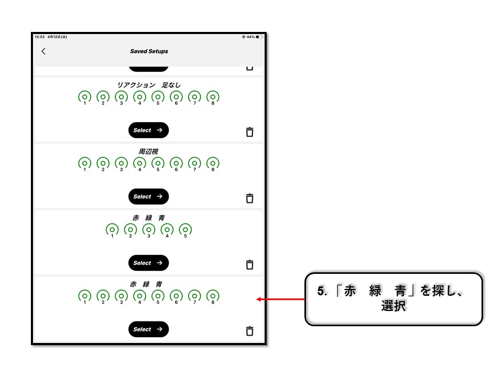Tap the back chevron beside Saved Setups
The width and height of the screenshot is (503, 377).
pyautogui.click(x=43, y=51)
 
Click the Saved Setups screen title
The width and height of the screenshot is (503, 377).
pyautogui.click(x=149, y=51)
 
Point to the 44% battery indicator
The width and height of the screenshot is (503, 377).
pyautogui.click(x=253, y=37)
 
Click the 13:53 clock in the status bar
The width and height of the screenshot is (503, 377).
pyautogui.click(x=39, y=37)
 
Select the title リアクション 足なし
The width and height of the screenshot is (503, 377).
pyautogui.click(x=148, y=85)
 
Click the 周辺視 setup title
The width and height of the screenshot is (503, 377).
pyautogui.click(x=148, y=151)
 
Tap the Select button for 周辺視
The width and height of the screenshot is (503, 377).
pyautogui.click(x=148, y=196)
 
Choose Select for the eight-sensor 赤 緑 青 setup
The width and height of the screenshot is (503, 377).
pyautogui.click(x=148, y=329)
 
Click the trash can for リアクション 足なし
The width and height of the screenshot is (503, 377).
pyautogui.click(x=249, y=132)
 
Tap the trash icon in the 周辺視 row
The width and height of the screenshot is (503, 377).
pyautogui.click(x=249, y=198)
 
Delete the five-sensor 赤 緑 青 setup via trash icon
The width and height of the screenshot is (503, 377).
pyautogui.click(x=249, y=264)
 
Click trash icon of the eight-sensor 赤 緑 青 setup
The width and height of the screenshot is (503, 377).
pyautogui.click(x=249, y=331)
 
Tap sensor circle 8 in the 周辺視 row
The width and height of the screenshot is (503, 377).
pyautogui.click(x=213, y=163)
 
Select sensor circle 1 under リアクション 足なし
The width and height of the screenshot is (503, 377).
pyautogui.click(x=85, y=97)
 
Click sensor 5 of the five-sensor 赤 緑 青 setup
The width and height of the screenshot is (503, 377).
pyautogui.click(x=185, y=229)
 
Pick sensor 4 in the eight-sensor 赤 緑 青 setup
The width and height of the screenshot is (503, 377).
pyautogui.click(x=139, y=296)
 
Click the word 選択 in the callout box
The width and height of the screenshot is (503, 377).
pyautogui.click(x=393, y=306)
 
